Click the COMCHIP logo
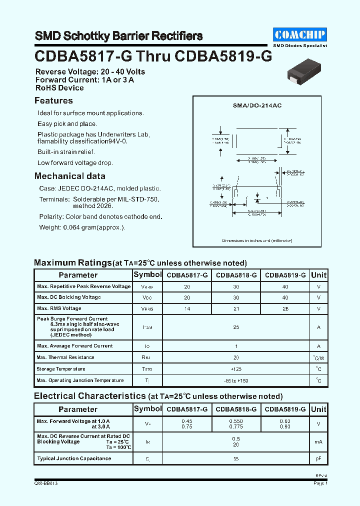[x=300, y=34]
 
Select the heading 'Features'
[x=53, y=101]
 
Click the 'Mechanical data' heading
[x=69, y=176]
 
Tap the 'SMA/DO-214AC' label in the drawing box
[x=257, y=106]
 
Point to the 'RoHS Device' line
[x=59, y=88]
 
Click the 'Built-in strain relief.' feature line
[x=66, y=152]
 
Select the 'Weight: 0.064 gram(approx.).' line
[x=82, y=227]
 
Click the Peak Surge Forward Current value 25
[x=236, y=327]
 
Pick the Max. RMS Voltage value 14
[x=187, y=309]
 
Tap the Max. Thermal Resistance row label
[x=65, y=357]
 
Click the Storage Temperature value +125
[x=236, y=369]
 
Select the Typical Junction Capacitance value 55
[x=236, y=458]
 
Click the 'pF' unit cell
[x=318, y=458]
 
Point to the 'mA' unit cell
[x=318, y=442]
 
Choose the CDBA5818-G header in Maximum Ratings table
[x=236, y=275]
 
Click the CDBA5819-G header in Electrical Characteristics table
[x=285, y=409]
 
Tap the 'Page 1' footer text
[x=320, y=483]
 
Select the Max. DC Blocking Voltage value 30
[x=236, y=297]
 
